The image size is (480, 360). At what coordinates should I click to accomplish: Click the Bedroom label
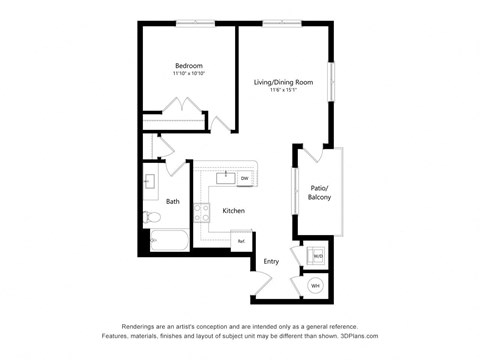coord(189,65)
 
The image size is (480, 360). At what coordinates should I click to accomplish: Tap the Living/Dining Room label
coord(283,82)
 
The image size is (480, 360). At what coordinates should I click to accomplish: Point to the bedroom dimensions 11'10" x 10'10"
coord(189,74)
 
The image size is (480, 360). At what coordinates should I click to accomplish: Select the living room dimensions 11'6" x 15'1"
coord(283,91)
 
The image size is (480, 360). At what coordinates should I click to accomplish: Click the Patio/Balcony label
coord(320,193)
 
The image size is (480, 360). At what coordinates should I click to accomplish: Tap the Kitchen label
coord(233,211)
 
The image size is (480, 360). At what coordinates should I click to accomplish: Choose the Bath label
coord(173,202)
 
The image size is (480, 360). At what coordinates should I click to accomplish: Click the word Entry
coord(271,262)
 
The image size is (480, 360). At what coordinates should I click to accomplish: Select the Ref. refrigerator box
coord(241,240)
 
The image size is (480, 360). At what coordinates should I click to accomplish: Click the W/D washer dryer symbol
coord(317,256)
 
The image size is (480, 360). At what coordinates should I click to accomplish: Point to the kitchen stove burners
coord(201,211)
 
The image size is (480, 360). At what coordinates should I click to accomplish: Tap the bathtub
coord(167,241)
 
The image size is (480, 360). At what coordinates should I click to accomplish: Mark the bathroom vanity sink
coord(150,183)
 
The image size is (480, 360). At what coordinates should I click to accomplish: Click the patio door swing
coord(313,154)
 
